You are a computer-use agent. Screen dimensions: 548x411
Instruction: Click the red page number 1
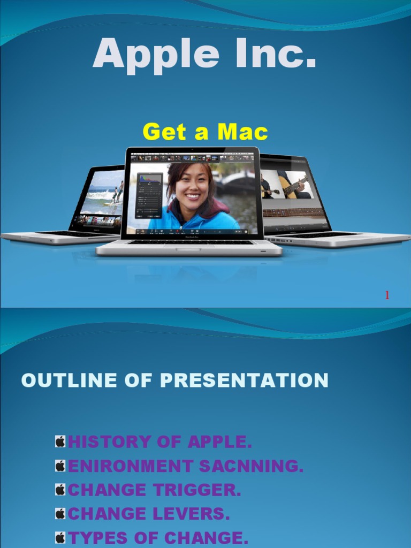coord(387,295)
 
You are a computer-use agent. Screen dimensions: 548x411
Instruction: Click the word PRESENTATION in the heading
coord(244,380)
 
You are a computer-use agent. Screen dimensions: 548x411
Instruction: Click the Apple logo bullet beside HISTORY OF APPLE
coord(60,442)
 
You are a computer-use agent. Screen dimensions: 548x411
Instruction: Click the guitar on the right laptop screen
coord(293,187)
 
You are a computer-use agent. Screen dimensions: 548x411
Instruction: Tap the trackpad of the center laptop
coord(188,249)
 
